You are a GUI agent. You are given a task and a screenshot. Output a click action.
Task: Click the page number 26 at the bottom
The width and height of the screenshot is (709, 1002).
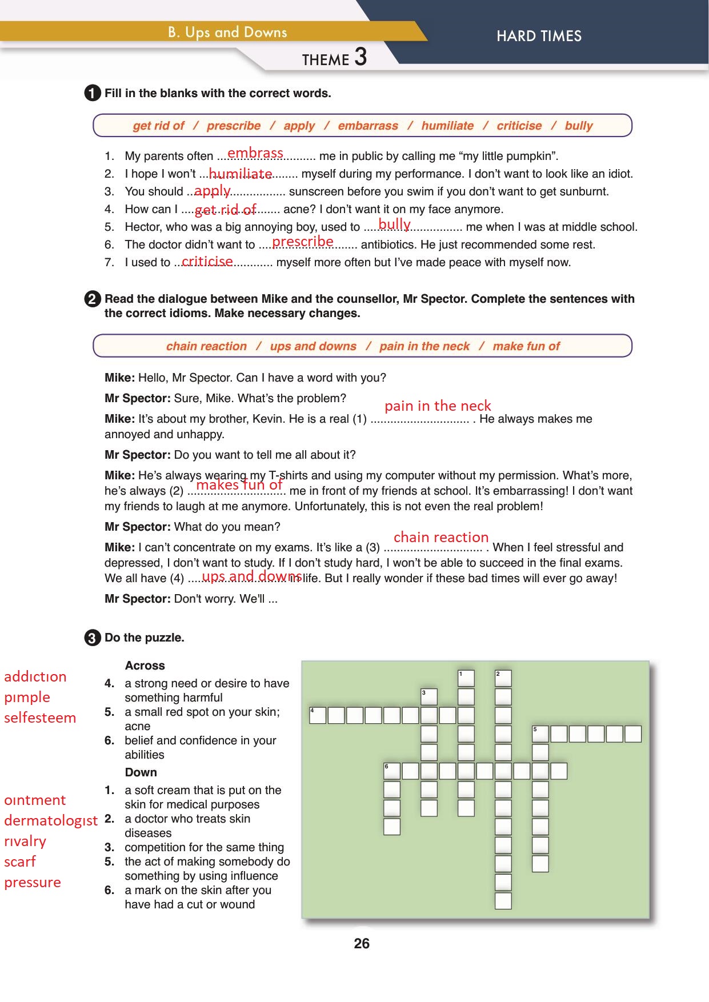[362, 943]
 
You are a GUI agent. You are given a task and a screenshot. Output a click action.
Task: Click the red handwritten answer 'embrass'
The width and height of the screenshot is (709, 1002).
[255, 153]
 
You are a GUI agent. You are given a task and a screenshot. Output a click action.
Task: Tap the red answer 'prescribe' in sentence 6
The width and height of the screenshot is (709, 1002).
[303, 242]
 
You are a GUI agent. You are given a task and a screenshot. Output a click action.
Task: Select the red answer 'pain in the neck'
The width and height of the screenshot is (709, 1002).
[438, 406]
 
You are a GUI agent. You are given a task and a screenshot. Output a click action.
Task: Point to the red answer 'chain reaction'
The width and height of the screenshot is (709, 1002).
[441, 537]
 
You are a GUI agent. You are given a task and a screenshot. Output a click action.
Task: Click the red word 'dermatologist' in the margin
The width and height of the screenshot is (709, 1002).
[51, 820]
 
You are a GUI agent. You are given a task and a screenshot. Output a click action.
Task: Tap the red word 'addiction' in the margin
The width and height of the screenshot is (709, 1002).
[35, 676]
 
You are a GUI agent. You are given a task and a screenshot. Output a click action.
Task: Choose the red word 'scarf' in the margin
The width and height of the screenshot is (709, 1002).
[20, 861]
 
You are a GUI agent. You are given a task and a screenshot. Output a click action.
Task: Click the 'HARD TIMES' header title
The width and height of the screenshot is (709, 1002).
[539, 36]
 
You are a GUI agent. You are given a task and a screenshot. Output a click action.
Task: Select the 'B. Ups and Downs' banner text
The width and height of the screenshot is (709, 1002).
[227, 33]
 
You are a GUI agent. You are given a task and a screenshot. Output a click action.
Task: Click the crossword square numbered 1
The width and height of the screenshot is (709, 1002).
[466, 678]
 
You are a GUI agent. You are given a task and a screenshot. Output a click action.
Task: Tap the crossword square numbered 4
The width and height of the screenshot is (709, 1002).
[318, 715]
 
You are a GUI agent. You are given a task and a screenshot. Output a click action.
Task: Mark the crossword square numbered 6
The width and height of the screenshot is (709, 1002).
[392, 771]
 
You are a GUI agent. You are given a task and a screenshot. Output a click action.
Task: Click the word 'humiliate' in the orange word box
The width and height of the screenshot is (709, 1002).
[447, 126]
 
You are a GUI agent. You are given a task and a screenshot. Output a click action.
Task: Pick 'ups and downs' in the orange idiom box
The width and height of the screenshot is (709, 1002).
[313, 346]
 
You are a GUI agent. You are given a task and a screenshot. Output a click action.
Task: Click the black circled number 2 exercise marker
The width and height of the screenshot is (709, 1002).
[92, 299]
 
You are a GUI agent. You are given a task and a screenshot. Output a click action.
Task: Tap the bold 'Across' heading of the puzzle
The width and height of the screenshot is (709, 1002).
[145, 666]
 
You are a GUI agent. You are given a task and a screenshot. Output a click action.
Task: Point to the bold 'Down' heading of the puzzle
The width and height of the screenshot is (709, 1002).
[141, 772]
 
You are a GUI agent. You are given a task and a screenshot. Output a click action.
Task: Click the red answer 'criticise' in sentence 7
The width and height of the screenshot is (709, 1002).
[207, 261]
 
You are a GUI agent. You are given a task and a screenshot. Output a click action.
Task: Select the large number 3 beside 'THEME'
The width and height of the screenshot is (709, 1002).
[360, 57]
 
